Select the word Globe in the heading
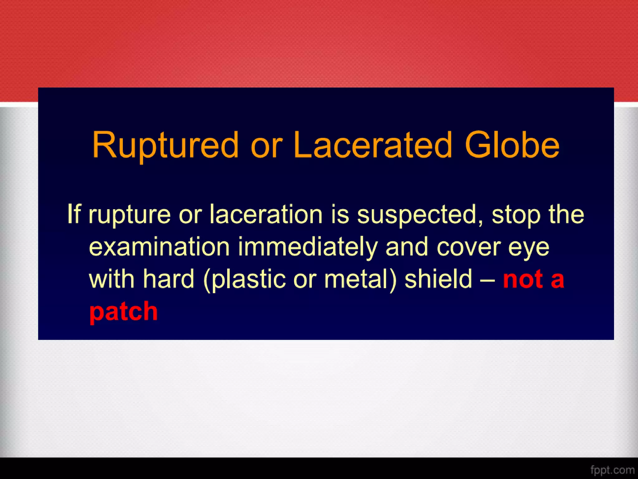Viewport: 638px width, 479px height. [x=512, y=145]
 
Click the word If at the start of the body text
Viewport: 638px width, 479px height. [x=74, y=214]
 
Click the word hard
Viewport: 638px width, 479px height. [x=169, y=279]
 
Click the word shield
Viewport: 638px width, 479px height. [x=438, y=279]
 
